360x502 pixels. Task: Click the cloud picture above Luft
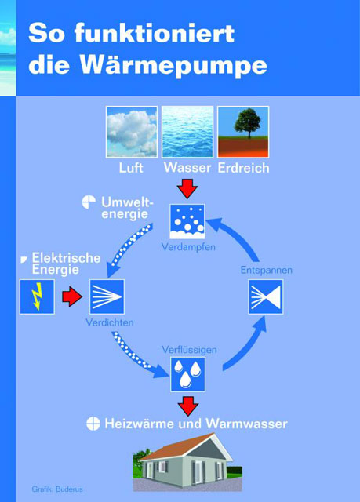coord(132,132)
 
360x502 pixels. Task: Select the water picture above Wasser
coord(187,132)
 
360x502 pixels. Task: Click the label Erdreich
coord(243,168)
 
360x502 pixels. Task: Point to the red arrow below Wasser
coord(187,188)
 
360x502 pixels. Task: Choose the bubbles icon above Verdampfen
coord(187,221)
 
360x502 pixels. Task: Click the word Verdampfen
coord(188,247)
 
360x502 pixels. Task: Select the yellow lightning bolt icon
coord(38,296)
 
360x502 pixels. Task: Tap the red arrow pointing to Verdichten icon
coord(72,296)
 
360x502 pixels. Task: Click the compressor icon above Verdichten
coord(107,296)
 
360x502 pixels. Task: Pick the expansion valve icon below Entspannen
coord(266,296)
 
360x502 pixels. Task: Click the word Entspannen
coord(266,270)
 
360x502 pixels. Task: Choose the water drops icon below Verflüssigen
coord(187,374)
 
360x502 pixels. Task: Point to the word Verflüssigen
coord(189,350)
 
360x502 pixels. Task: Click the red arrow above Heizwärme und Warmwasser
coord(188,406)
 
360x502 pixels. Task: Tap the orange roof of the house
coord(179,447)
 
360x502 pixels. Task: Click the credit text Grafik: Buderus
coord(57,489)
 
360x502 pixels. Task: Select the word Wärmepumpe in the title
coord(173,66)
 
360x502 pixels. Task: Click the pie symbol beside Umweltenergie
coord(89,202)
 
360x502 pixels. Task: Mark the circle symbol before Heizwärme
coord(93,424)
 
